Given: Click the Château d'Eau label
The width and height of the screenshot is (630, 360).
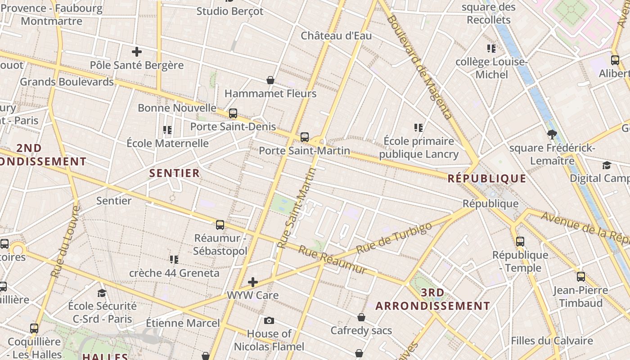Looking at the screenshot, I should coord(336,36).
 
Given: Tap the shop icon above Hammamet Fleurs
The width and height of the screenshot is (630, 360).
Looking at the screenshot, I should coord(270,80).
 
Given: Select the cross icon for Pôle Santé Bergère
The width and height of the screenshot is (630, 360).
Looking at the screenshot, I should coord(137,52).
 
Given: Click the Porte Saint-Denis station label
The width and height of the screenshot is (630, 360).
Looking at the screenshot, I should coord(233,126).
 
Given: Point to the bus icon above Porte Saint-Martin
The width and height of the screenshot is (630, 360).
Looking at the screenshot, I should coord(305,137).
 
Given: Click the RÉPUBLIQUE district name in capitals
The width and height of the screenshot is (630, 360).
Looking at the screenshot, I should coord(487,179).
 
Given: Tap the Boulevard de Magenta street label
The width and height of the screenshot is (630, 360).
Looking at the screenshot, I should coord(419,67).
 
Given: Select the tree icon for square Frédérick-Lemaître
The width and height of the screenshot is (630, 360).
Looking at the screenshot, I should coord(552,134).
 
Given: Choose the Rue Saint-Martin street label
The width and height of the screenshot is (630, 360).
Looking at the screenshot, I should coord(297,208).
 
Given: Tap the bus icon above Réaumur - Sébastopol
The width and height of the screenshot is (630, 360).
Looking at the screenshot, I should coord(220,225).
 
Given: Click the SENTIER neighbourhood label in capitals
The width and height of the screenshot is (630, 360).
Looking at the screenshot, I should coord(174,173).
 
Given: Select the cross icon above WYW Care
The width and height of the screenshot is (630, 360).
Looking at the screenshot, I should coord(253,282).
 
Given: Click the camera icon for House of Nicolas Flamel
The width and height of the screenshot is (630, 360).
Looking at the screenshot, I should coord(269,320).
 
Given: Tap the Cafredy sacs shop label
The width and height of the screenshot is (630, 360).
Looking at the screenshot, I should coord(361,331).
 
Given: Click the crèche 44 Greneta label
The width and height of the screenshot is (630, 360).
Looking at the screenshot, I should coord(174,273).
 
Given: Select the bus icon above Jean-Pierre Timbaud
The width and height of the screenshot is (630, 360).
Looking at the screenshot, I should coord(581,277).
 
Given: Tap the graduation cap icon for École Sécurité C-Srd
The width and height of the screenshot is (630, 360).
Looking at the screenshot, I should coord(102,293).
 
